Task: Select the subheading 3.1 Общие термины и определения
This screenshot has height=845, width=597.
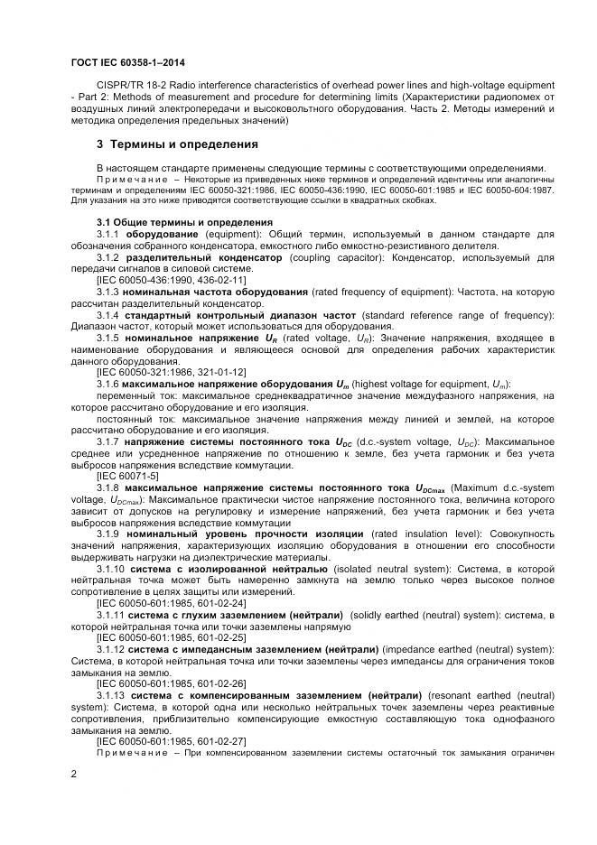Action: click(x=184, y=222)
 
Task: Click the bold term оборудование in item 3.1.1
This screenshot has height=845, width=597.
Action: click(x=162, y=233)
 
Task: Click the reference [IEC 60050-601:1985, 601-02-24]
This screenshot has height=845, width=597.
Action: click(x=171, y=602)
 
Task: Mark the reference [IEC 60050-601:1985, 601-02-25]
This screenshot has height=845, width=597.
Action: click(x=171, y=636)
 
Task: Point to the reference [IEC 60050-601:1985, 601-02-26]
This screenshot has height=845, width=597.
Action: click(x=171, y=683)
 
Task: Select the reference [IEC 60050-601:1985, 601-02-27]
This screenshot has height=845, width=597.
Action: click(x=171, y=740)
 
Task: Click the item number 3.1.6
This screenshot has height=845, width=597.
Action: click(x=108, y=383)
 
